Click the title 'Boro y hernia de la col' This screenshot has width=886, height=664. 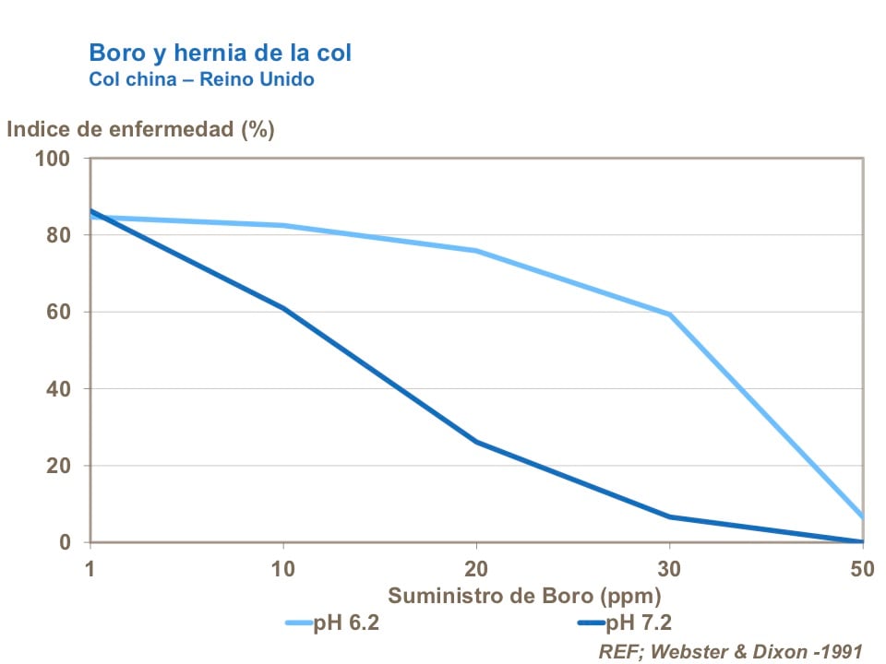click(x=220, y=52)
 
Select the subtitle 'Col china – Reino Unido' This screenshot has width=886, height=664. click(x=201, y=79)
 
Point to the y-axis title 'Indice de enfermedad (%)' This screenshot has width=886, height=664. click(x=140, y=129)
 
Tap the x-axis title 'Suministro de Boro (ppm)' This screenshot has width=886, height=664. click(x=523, y=595)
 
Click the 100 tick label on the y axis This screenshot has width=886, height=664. click(x=53, y=159)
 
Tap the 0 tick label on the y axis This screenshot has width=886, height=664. click(x=66, y=543)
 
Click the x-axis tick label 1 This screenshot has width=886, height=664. click(x=90, y=568)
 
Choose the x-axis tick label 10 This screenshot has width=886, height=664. click(x=283, y=568)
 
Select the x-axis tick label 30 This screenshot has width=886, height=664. click(x=669, y=568)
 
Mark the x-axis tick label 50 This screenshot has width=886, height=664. click(x=862, y=568)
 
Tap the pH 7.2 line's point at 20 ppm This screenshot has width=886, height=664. click(x=476, y=442)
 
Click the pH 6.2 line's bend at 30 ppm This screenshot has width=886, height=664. click(x=669, y=314)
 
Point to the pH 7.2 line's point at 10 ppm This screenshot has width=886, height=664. click(x=283, y=308)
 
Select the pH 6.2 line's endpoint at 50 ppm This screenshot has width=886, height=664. click(x=862, y=517)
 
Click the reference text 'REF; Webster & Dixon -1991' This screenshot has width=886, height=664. click(x=730, y=651)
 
